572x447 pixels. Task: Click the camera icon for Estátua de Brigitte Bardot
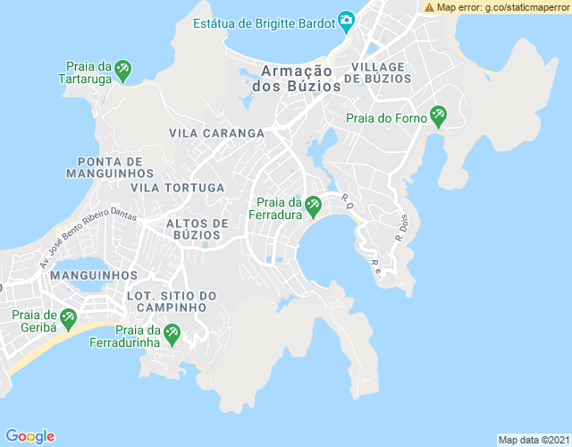(x=346, y=21)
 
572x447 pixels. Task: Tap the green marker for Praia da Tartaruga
(x=123, y=67)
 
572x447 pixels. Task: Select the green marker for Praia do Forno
(x=438, y=114)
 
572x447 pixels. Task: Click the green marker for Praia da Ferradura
(x=313, y=207)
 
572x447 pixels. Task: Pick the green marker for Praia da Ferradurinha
(x=171, y=333)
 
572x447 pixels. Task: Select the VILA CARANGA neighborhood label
(x=216, y=133)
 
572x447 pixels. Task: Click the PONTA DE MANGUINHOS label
(x=110, y=166)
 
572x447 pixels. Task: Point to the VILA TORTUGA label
(x=177, y=188)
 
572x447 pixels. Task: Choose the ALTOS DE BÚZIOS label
(x=198, y=229)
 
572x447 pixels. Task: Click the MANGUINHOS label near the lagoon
(x=94, y=275)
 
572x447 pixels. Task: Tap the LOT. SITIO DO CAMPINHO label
(x=172, y=301)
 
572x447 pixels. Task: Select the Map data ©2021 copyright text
(x=532, y=440)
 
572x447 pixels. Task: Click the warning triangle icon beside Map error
(x=430, y=7)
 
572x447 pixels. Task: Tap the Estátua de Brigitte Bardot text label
(x=264, y=21)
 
